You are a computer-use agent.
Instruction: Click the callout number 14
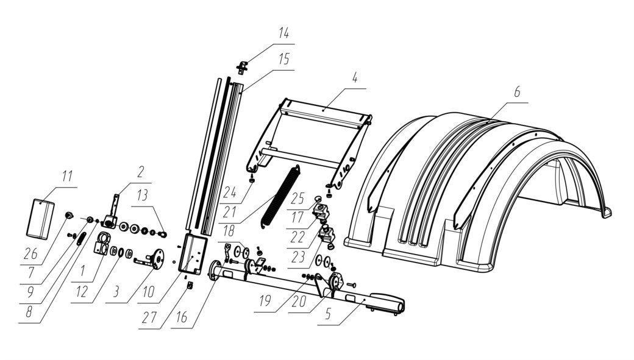[x=283, y=33]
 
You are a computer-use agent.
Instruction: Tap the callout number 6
[x=517, y=92]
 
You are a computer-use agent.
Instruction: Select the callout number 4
[x=355, y=77]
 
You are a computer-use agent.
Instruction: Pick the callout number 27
[x=149, y=317]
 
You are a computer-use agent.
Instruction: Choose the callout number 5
[x=328, y=314]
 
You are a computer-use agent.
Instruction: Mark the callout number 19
[x=265, y=302]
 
